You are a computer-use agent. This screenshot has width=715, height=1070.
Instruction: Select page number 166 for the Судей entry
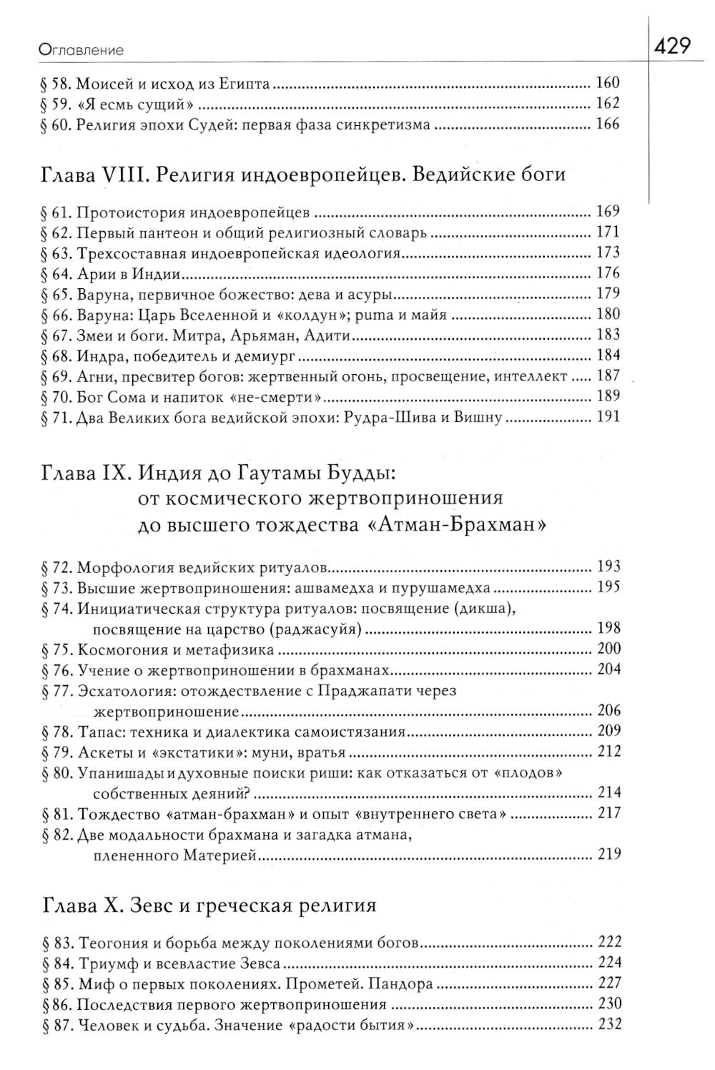coord(607,124)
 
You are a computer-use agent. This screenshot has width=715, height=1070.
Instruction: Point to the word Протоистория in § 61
coord(121,212)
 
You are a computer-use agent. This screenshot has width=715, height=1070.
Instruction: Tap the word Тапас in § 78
coord(97,732)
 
